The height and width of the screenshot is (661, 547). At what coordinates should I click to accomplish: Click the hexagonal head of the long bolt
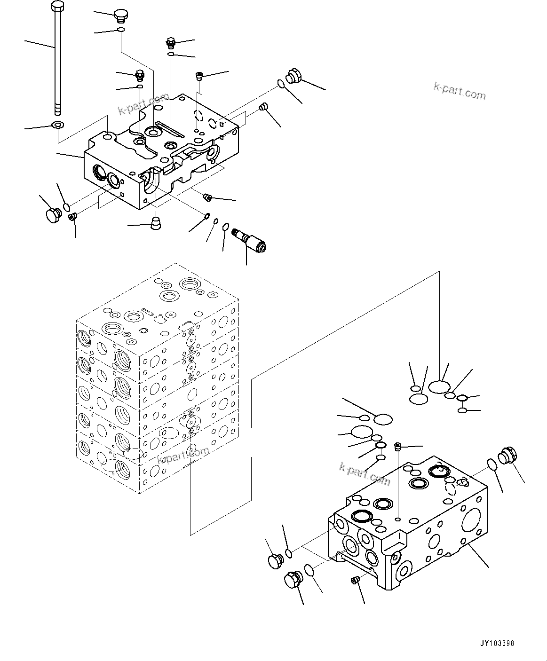[56, 8]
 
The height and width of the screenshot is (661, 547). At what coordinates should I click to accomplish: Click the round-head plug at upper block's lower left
[52, 216]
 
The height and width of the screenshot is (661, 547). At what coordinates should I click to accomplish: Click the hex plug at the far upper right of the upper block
[294, 76]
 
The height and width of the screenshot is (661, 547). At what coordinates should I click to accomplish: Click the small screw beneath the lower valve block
[355, 582]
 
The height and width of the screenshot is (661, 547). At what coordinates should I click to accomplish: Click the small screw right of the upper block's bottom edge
[207, 197]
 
